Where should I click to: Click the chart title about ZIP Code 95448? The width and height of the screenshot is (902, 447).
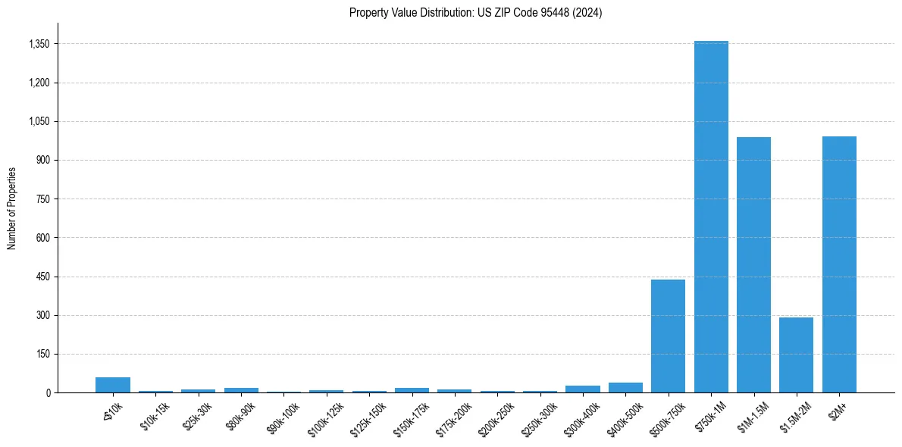(x=475, y=13)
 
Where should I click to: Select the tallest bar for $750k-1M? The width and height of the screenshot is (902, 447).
(x=711, y=217)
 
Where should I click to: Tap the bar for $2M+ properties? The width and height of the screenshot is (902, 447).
(x=839, y=264)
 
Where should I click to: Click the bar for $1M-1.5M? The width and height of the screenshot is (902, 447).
(x=753, y=265)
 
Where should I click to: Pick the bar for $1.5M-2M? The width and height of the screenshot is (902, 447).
(x=796, y=355)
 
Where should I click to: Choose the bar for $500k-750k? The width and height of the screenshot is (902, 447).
(x=668, y=336)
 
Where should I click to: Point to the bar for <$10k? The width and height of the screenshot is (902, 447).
(x=113, y=385)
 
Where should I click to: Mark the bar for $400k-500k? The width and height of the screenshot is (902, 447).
(x=625, y=388)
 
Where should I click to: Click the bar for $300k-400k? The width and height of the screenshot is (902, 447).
(x=583, y=389)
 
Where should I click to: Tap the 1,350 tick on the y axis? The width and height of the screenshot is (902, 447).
(x=38, y=44)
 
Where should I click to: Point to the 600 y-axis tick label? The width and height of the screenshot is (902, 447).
(x=42, y=238)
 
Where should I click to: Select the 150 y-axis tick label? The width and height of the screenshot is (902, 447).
(x=42, y=354)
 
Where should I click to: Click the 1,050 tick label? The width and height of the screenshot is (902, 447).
(x=38, y=121)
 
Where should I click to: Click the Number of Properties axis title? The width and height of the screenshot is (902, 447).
(x=12, y=208)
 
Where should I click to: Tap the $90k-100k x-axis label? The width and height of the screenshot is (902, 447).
(x=282, y=416)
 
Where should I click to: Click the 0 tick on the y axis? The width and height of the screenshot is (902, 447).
(x=47, y=392)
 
